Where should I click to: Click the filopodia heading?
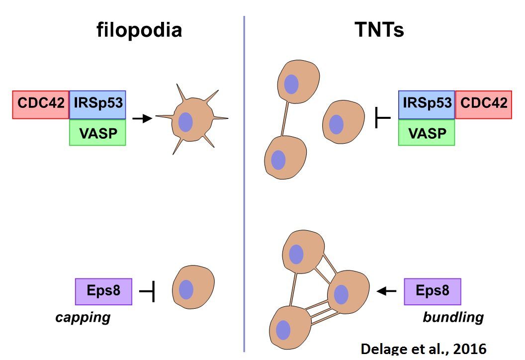[139, 31]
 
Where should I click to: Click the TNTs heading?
[379, 31]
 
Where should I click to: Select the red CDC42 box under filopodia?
[41, 104]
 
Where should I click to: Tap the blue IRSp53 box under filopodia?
[98, 104]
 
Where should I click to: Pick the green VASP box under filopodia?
[98, 132]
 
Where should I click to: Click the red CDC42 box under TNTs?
[484, 104]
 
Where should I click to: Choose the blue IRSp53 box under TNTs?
[427, 104]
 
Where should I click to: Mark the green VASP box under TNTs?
[427, 132]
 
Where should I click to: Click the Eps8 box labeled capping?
[103, 291]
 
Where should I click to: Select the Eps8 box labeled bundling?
[433, 291]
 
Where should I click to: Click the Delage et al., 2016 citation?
[423, 349]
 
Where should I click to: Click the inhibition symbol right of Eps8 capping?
[148, 291]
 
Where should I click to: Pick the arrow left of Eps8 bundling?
[387, 291]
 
